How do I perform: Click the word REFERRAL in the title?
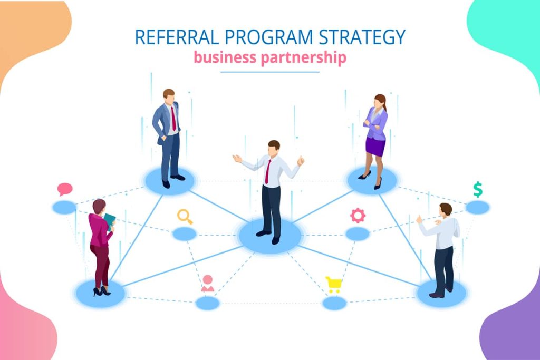[x=177, y=37]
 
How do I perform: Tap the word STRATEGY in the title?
[x=362, y=37]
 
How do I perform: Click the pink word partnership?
[x=303, y=58]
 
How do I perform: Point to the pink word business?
[x=225, y=57]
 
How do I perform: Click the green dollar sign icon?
[x=478, y=189]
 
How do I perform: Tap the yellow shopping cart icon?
[x=334, y=285]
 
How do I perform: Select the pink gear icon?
[x=358, y=216]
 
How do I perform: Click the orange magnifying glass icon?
[x=185, y=217]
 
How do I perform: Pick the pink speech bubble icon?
[x=65, y=189]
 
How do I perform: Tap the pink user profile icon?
[x=208, y=283]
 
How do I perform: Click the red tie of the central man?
[x=267, y=172]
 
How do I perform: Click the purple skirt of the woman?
[x=375, y=147]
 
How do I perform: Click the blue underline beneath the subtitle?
[x=270, y=72]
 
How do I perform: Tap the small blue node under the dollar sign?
[x=478, y=208]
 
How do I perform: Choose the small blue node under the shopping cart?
[x=334, y=303]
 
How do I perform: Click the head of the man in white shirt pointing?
[x=446, y=210]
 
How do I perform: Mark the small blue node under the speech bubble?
[x=64, y=208]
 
